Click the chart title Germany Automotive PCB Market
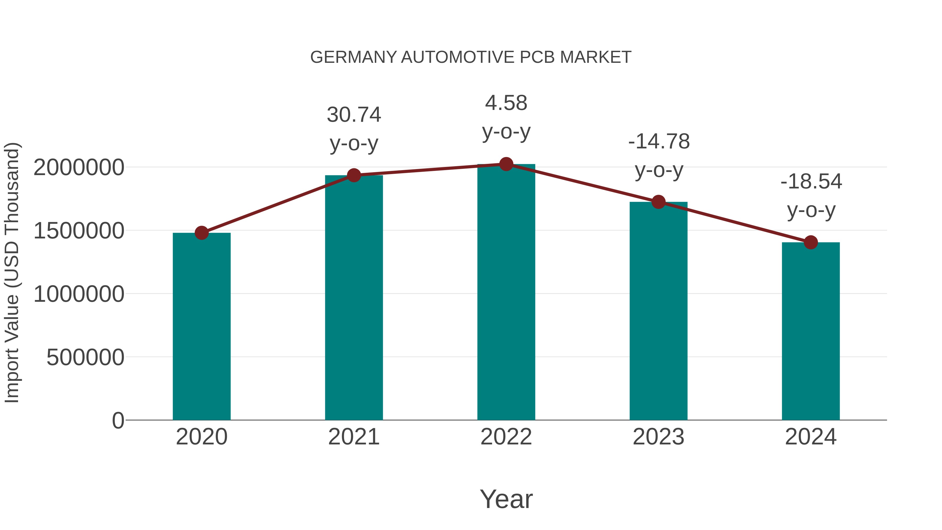tap(471, 57)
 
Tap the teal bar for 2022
tap(506, 293)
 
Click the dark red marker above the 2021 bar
tap(354, 175)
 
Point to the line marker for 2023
tap(658, 202)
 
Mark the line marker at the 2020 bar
tap(201, 233)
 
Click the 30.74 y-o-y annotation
tap(354, 115)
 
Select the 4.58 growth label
tap(506, 103)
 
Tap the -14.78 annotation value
tap(659, 142)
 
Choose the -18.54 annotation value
tap(811, 182)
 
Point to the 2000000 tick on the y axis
tap(78, 168)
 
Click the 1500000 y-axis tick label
tap(78, 231)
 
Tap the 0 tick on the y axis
tap(118, 420)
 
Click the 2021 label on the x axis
tap(354, 437)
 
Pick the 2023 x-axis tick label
tap(658, 437)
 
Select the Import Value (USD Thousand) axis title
tap(12, 272)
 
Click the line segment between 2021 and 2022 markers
tap(430, 170)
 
